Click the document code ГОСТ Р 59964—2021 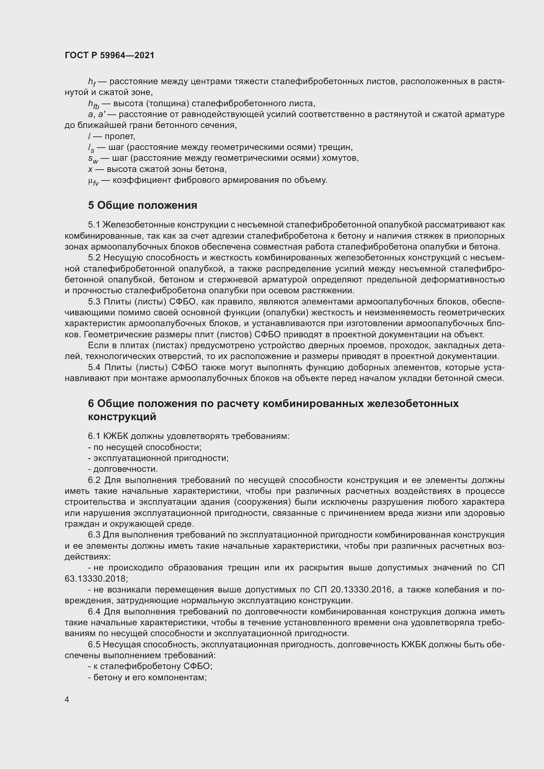pos(110,56)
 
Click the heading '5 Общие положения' pos(142,205)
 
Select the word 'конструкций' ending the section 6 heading pos(122,417)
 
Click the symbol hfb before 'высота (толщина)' pos(93,104)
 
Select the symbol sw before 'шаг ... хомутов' pos(93,159)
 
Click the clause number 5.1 pos(94,225)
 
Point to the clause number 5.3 pos(94,302)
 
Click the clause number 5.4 pos(94,368)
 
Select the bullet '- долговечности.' pos(123,469)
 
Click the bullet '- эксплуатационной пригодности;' pos(158,458)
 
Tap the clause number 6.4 pos(94,612)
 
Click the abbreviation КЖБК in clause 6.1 pos(116,436)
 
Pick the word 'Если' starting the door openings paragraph pos(96,346)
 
